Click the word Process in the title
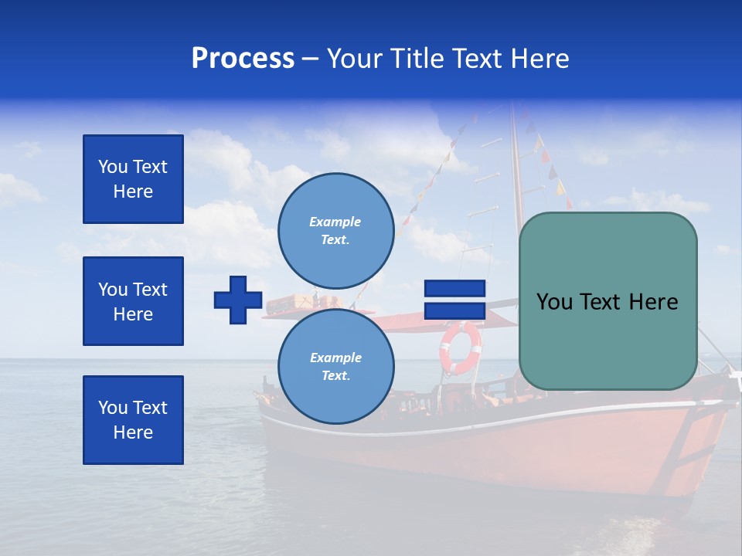point(243,59)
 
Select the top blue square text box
point(133,179)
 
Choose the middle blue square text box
point(133,301)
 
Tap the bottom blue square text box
point(133,420)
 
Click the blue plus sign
point(238,300)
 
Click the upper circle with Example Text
point(335,231)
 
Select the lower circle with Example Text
point(335,367)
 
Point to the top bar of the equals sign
point(454,289)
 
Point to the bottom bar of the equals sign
point(454,311)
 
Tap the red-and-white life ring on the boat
point(460,348)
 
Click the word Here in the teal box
point(652,302)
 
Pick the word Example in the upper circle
point(335,222)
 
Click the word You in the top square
point(114,167)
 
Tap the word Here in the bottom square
point(133,432)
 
